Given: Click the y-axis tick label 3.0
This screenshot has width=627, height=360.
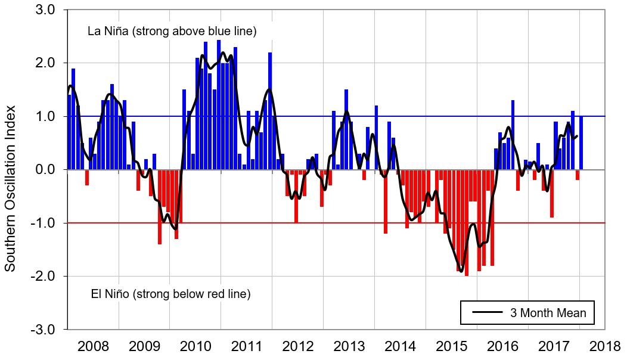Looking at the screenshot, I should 45,10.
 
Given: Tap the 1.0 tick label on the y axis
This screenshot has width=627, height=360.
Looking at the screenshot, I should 45,117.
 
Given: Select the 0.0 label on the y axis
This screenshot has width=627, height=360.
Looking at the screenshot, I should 45,170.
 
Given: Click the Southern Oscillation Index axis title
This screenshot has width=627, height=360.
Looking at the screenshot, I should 10,188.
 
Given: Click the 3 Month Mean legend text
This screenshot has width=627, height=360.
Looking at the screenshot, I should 548,312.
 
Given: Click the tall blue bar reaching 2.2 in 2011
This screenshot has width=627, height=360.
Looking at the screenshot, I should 270,111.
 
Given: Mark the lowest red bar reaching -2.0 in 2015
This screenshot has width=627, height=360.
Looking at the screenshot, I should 466,222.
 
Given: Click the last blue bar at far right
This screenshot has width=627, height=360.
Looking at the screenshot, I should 581,143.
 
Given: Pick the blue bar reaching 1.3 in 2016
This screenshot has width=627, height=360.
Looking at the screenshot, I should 513,135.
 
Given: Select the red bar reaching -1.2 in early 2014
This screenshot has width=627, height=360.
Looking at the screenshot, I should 386,201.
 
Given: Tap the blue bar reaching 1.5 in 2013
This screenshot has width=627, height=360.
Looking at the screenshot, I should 346,129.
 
